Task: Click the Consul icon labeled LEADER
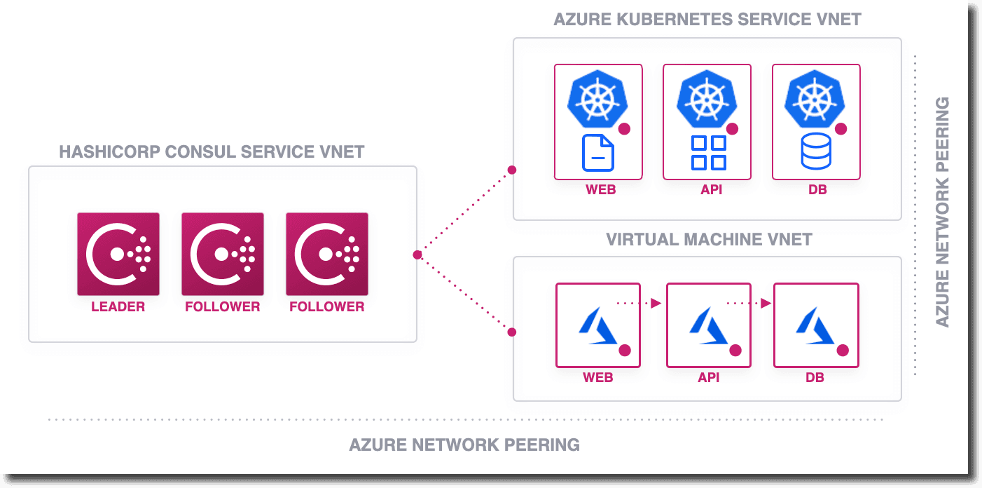coord(118,254)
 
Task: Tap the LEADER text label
coord(118,307)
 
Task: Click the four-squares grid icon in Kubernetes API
coord(708,153)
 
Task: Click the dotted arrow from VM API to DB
coord(749,304)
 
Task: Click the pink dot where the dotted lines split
coord(417,255)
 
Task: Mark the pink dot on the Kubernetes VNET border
coord(512,170)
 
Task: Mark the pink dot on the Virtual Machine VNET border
coord(512,332)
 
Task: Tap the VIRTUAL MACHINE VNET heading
coord(708,240)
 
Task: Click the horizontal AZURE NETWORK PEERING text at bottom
coord(464,445)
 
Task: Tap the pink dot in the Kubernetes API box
coord(733,129)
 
